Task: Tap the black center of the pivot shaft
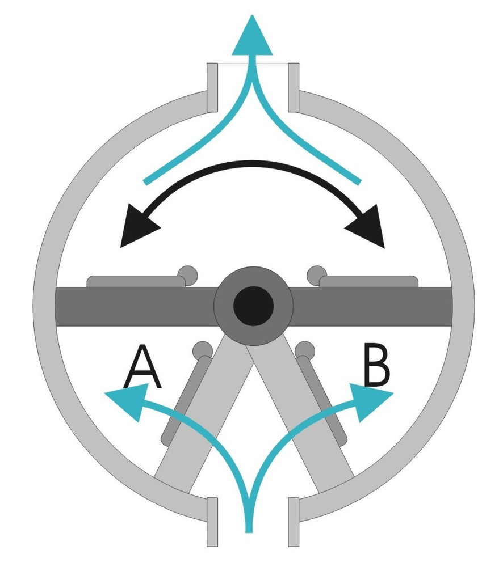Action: pos(253,306)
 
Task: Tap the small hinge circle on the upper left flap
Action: pos(188,275)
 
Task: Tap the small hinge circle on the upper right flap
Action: pos(316,275)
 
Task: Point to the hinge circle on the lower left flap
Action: pos(202,350)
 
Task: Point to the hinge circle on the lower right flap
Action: pos(305,350)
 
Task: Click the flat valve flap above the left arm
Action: pos(136,281)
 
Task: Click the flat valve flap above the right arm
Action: pos(369,281)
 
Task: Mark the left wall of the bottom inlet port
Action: pos(212,522)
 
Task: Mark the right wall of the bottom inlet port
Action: pos(294,522)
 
